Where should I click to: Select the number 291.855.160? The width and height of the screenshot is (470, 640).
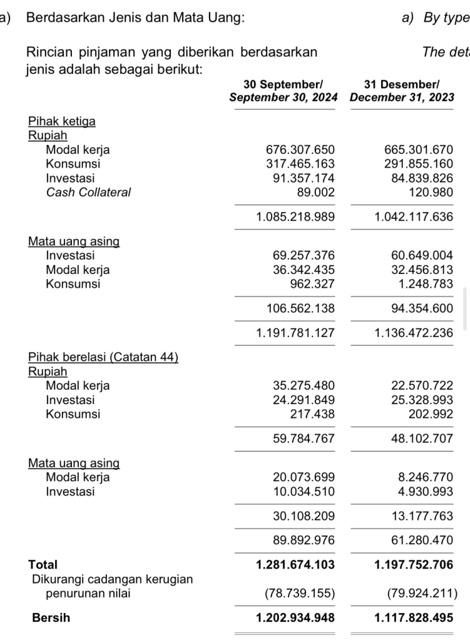pos(419,164)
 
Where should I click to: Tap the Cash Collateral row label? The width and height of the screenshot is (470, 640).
pos(88,192)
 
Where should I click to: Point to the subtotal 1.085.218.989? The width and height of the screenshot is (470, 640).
pos(295,217)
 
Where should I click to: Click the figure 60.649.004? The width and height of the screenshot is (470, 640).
pos(419,255)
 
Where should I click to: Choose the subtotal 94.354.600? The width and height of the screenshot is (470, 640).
pos(419,308)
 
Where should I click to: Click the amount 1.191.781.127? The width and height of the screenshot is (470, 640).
pos(295,333)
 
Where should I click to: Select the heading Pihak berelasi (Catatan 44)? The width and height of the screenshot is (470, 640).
pos(103,357)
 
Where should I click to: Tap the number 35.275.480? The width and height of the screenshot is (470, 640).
pos(304,385)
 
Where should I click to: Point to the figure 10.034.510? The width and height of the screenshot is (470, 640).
pos(304,492)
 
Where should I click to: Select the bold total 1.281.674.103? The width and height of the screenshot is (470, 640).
pos(295,565)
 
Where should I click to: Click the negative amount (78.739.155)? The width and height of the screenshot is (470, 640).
pos(299,593)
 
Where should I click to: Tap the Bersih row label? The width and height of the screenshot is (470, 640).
pos(51,618)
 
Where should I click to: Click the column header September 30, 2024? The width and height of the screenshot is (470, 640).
pos(284,98)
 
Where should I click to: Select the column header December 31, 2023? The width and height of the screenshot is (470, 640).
pos(402,98)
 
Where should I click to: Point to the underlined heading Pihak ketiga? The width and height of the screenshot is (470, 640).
pos(62,121)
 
